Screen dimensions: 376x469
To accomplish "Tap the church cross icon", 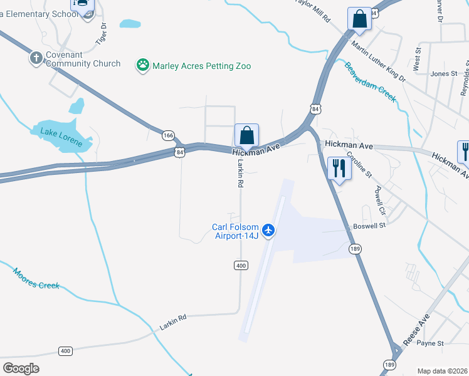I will tap(35, 58).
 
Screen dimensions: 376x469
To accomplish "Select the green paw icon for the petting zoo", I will tap(143, 65).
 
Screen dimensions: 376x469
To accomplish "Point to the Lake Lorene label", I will tap(61, 137).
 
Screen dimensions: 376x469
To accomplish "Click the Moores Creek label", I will tap(36, 278).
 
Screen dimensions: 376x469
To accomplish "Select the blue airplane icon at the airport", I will tap(269, 231).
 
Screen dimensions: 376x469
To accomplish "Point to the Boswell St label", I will tap(369, 225).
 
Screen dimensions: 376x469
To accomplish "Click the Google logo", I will tap(21, 368).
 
